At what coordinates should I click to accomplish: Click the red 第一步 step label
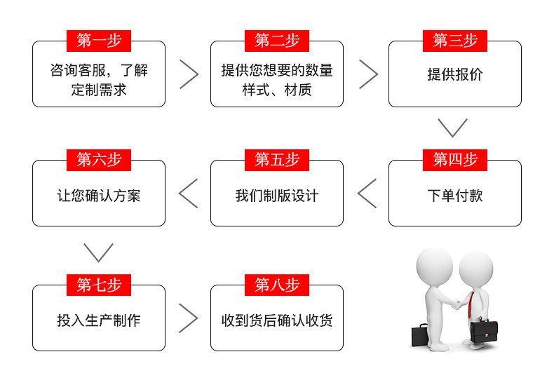[99, 41]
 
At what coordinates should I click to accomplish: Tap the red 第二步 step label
[277, 41]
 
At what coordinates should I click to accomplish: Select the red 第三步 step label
[455, 41]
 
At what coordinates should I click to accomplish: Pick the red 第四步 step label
[455, 160]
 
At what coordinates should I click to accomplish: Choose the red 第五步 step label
[277, 160]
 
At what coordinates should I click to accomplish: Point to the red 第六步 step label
[99, 160]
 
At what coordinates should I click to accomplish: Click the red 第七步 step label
[99, 285]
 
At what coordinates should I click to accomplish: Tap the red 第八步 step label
[277, 285]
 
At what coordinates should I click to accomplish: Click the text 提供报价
[455, 74]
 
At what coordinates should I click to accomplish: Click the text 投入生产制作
[99, 320]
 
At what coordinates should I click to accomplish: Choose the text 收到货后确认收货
[277, 320]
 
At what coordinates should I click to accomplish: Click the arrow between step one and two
[189, 74]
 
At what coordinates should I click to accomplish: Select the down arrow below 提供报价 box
[452, 128]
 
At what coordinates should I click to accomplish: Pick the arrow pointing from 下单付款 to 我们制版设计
[367, 194]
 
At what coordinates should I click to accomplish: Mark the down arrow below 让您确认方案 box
[98, 252]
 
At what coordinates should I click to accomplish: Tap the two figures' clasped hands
[457, 305]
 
